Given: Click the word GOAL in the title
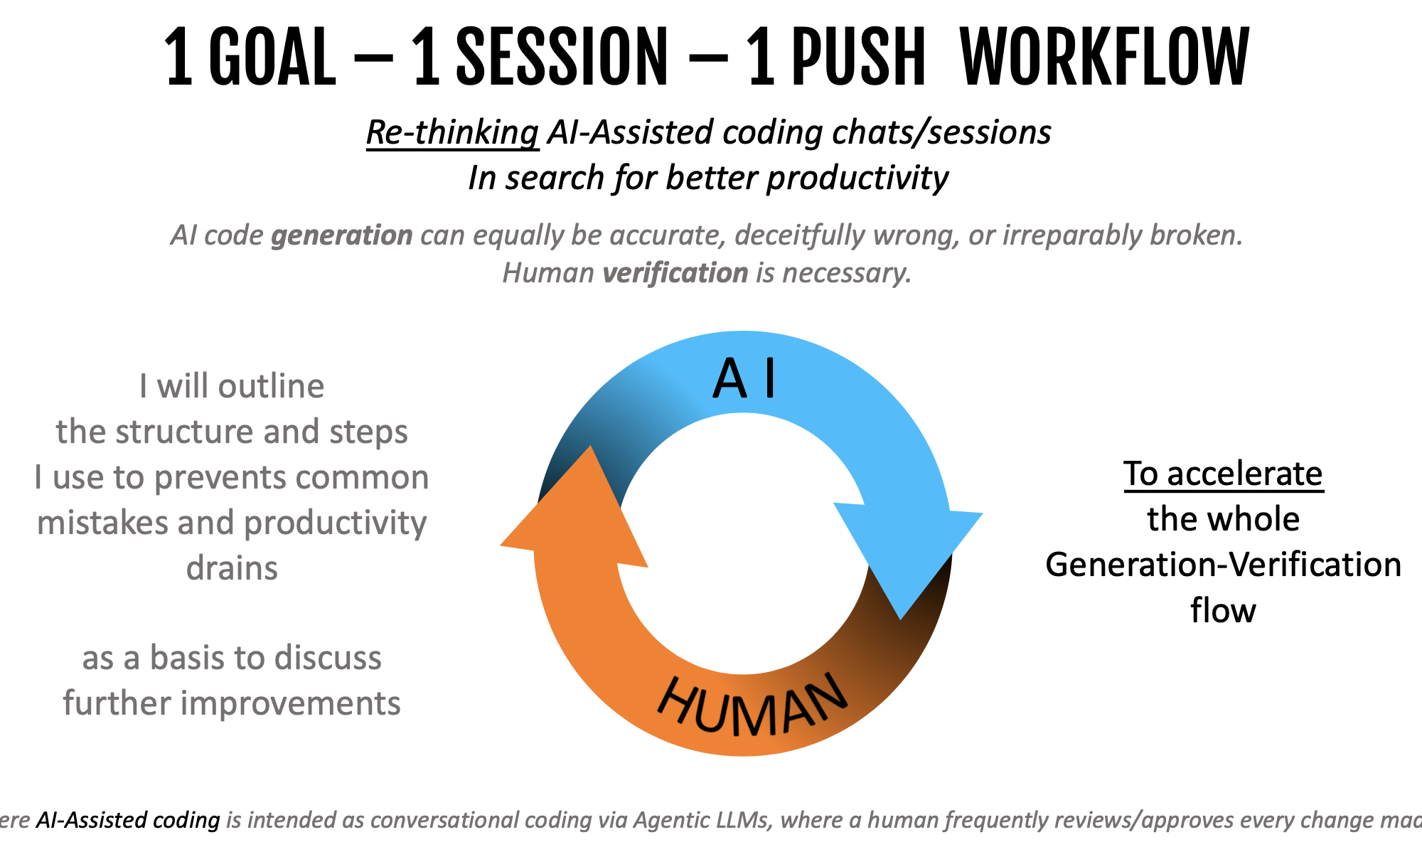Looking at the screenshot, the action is click(x=272, y=57).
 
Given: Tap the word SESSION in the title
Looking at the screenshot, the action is click(x=562, y=57).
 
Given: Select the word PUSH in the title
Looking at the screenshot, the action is click(x=858, y=57).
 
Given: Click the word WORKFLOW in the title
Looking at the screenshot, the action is click(x=1104, y=57).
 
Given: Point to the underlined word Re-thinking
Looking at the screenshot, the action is click(x=452, y=133).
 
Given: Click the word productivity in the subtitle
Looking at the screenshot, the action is click(x=857, y=178).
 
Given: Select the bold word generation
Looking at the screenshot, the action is click(x=342, y=235).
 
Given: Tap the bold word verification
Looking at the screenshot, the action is click(x=675, y=273).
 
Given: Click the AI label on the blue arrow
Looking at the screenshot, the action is click(x=744, y=379).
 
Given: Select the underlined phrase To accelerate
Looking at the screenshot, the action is click(x=1223, y=474).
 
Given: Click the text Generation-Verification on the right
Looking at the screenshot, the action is click(x=1223, y=565).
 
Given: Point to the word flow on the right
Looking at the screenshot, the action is click(x=1223, y=610).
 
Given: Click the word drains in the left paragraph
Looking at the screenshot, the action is click(x=232, y=568).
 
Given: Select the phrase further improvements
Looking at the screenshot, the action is click(x=232, y=703).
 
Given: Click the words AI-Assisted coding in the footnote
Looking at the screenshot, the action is click(x=128, y=820).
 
